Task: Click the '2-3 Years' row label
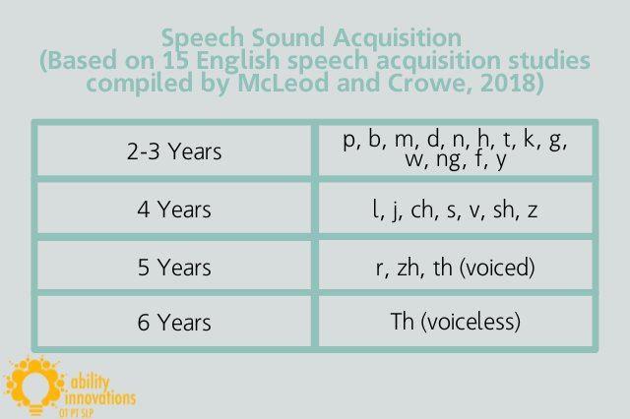pyautogui.click(x=174, y=152)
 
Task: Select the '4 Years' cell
pyautogui.click(x=174, y=209)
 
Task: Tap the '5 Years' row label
pyautogui.click(x=174, y=267)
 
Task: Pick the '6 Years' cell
pyautogui.click(x=174, y=321)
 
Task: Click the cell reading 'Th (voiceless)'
pyautogui.click(x=455, y=321)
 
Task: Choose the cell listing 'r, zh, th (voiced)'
pyautogui.click(x=455, y=267)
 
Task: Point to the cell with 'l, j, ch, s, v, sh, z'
pyautogui.click(x=455, y=209)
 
